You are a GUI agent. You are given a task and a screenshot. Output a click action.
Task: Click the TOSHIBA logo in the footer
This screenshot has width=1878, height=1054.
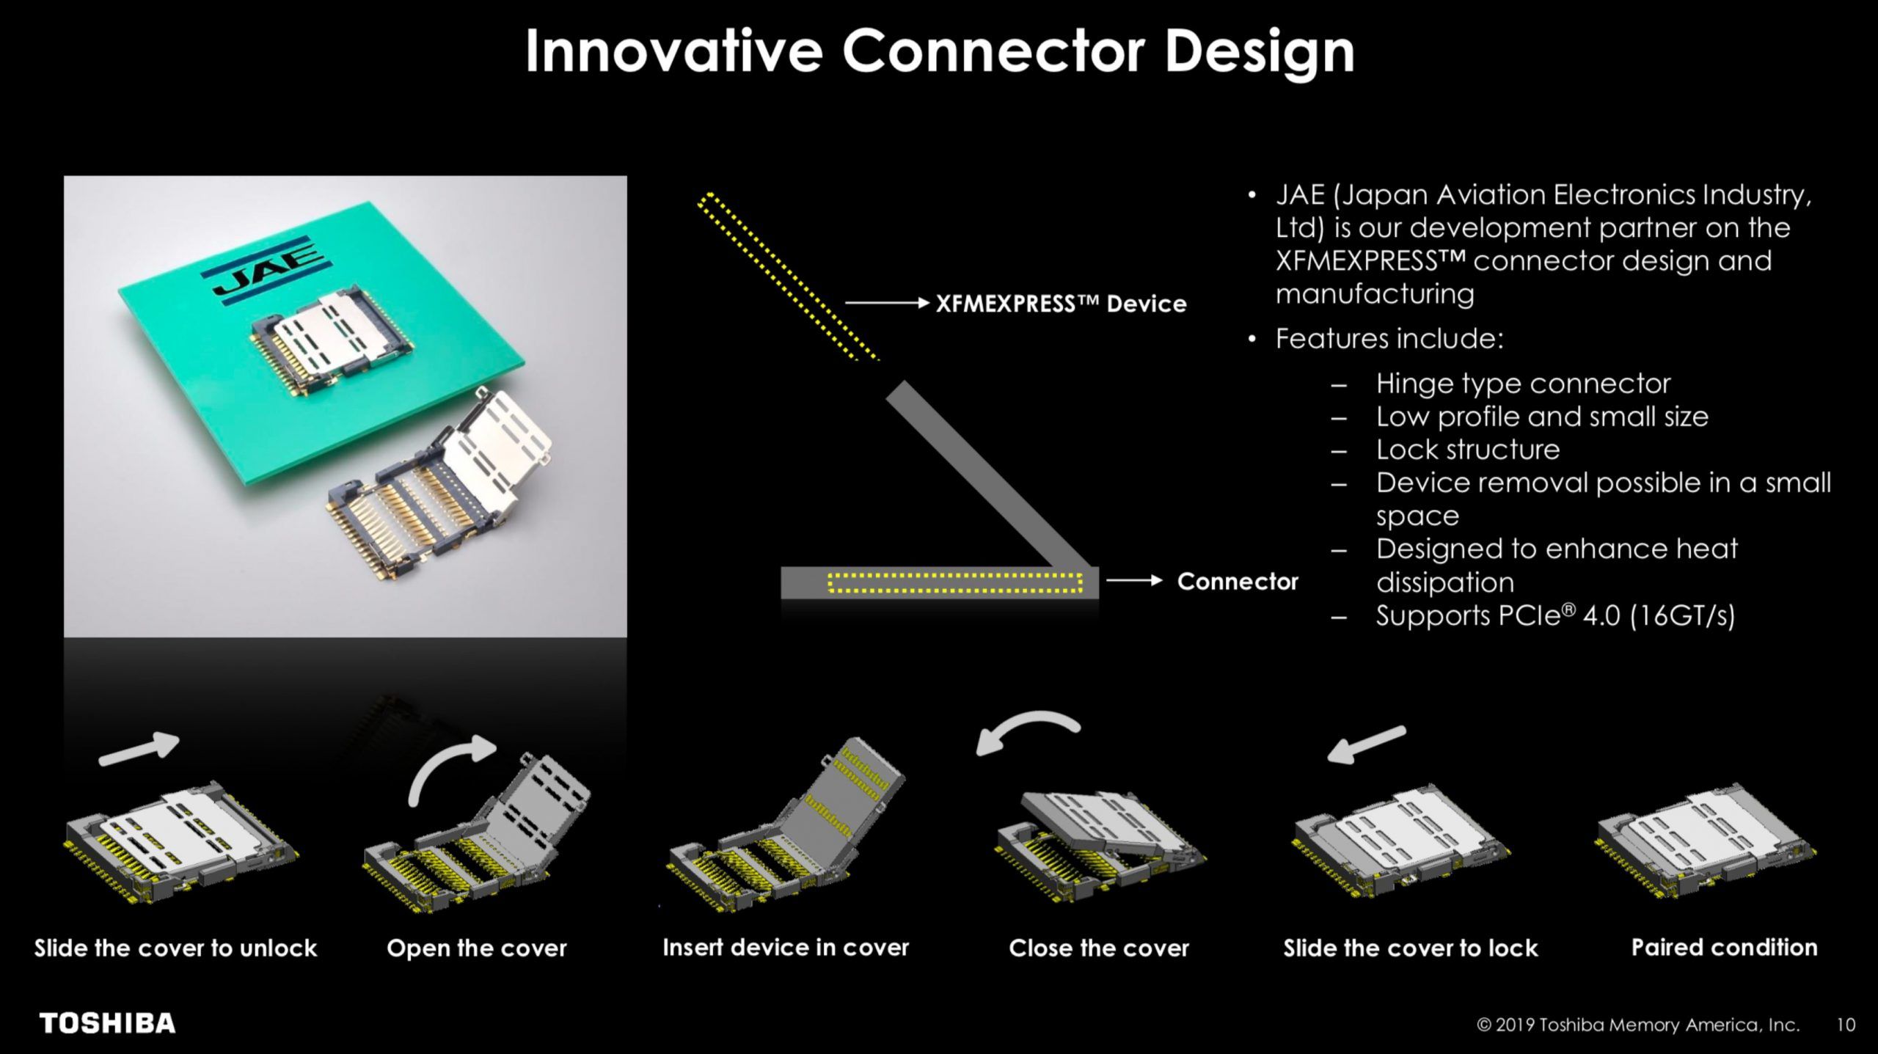[x=107, y=1023]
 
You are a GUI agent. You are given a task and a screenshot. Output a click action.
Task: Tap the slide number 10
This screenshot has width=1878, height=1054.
[x=1846, y=1025]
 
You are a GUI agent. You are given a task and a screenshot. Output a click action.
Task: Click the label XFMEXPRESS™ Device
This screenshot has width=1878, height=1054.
[x=1061, y=304]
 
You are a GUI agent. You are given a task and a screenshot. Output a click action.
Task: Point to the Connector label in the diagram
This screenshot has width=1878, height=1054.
[x=1238, y=582]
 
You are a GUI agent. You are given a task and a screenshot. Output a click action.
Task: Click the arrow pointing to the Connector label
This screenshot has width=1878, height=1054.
[x=1134, y=581]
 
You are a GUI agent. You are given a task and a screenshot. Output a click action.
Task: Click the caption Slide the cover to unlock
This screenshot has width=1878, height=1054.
[x=176, y=948]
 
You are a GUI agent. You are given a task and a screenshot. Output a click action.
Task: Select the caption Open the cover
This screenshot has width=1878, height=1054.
[x=477, y=948]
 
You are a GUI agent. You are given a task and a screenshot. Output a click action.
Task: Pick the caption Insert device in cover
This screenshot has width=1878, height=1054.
[x=786, y=948]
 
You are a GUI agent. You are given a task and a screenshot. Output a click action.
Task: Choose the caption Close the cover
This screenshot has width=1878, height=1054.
[x=1099, y=948]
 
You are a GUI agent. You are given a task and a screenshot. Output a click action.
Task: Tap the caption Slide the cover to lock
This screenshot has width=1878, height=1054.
[x=1410, y=948]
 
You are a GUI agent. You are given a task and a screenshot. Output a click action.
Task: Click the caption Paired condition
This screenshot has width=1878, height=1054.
[x=1724, y=948]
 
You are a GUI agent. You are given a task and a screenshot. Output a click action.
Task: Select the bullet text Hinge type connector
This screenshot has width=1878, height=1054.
[x=1523, y=384]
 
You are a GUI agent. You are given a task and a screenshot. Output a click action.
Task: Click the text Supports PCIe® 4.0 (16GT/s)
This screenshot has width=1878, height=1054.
[x=1555, y=615]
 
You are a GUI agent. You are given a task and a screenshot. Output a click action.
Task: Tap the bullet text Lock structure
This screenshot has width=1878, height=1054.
[x=1467, y=450]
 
